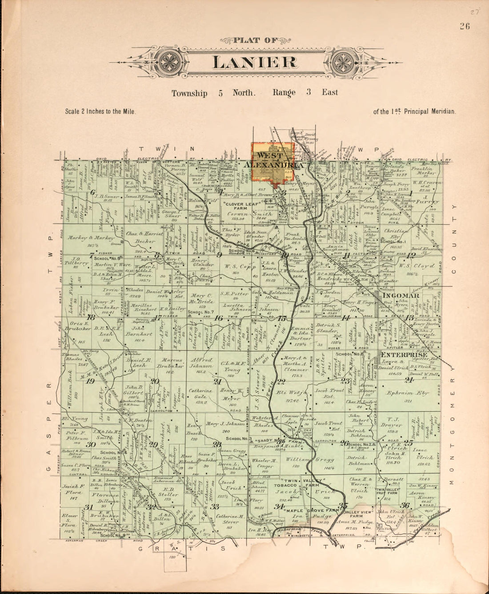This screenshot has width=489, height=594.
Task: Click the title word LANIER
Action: coord(255,62)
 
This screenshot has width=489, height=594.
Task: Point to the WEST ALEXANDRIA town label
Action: coord(274,160)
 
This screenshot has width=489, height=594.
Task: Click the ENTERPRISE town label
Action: coord(404,355)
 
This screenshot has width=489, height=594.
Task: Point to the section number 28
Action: coord(216,444)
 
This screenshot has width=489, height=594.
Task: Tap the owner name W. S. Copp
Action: coord(236,266)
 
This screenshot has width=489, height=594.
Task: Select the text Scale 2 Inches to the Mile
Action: coord(100,112)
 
